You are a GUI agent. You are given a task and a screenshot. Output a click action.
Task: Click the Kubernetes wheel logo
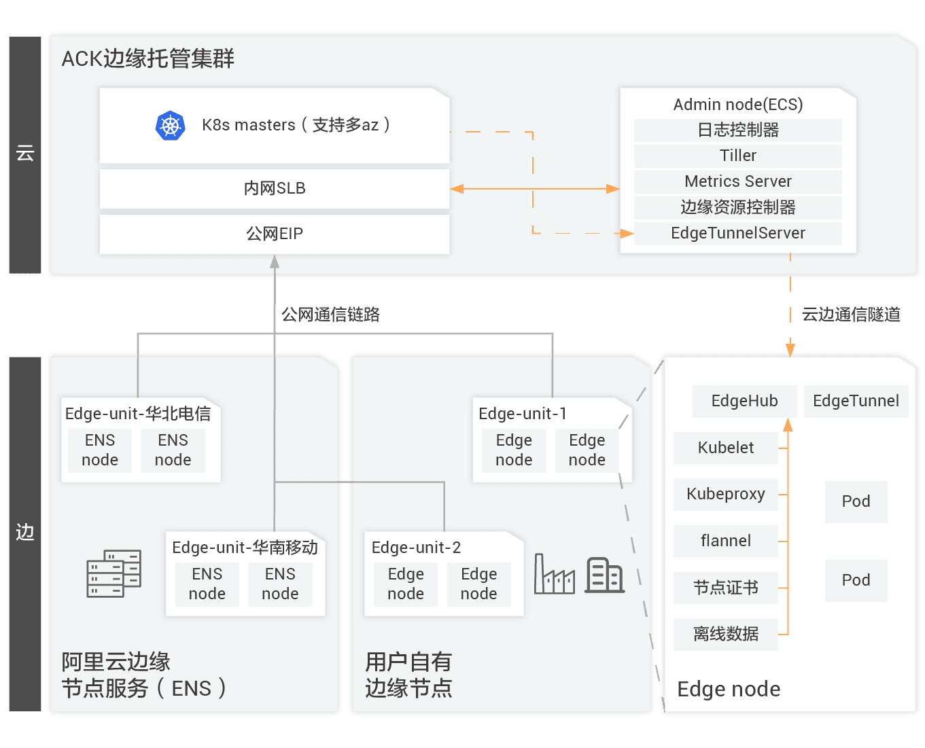click(x=171, y=126)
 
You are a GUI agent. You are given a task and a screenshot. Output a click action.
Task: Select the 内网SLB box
click(x=275, y=188)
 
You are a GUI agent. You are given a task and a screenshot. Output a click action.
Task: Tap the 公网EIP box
click(x=275, y=234)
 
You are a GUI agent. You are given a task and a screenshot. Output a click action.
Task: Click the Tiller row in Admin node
click(x=737, y=156)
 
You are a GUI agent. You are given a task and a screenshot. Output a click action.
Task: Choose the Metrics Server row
click(x=737, y=181)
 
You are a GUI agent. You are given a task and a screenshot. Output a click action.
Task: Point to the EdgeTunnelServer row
click(x=737, y=233)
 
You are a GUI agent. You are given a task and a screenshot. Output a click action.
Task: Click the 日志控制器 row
click(x=737, y=130)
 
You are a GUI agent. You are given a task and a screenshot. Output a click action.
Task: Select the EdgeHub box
click(x=744, y=401)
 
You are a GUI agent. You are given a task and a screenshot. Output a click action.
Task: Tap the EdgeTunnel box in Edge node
click(x=856, y=401)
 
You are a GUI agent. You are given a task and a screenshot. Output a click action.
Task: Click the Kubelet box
click(x=725, y=448)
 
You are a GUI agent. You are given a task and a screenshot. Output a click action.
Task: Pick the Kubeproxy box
click(x=725, y=494)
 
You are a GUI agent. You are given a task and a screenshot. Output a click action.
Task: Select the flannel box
click(x=725, y=541)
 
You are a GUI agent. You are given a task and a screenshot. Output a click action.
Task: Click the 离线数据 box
click(x=725, y=634)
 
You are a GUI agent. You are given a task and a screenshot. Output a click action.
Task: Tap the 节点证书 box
click(x=725, y=588)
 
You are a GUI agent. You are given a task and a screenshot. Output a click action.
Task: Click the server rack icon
click(x=114, y=573)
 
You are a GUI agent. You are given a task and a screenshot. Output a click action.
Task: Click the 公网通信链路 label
click(x=330, y=315)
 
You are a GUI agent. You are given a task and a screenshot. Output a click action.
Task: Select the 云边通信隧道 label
click(x=851, y=315)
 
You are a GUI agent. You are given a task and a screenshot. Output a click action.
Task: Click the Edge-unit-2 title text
click(x=416, y=548)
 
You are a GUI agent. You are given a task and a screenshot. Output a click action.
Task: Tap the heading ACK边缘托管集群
click(x=148, y=59)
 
